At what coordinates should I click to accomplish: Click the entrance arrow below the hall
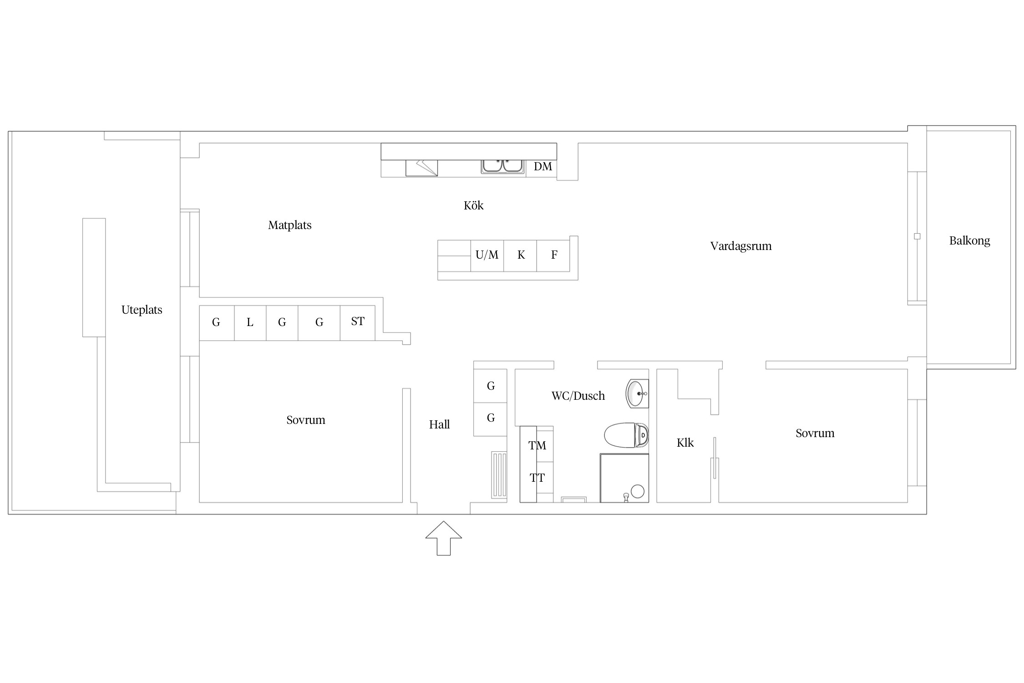tap(443, 538)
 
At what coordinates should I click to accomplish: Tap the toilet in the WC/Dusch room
tap(626, 435)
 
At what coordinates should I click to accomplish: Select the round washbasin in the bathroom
tap(637, 393)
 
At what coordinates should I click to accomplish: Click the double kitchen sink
tap(502, 166)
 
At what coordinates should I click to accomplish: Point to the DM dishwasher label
tap(542, 167)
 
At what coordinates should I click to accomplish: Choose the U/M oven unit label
tap(487, 255)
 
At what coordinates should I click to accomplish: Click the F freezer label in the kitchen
tap(554, 255)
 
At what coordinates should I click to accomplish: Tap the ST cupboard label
tap(357, 321)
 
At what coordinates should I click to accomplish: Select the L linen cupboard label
tap(250, 323)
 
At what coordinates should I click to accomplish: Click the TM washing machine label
tap(537, 445)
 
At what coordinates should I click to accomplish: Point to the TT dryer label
tap(537, 478)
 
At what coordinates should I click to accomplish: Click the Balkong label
tap(969, 241)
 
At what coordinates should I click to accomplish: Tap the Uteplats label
tap(142, 310)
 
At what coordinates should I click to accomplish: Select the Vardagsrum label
tap(741, 246)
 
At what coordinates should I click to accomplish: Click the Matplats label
tap(289, 225)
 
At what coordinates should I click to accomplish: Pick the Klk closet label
tap(685, 443)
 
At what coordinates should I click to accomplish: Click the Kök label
tap(473, 205)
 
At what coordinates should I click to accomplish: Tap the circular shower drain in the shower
tap(638, 491)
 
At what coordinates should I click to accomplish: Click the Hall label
tap(439, 425)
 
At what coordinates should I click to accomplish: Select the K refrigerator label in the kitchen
tap(521, 255)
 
